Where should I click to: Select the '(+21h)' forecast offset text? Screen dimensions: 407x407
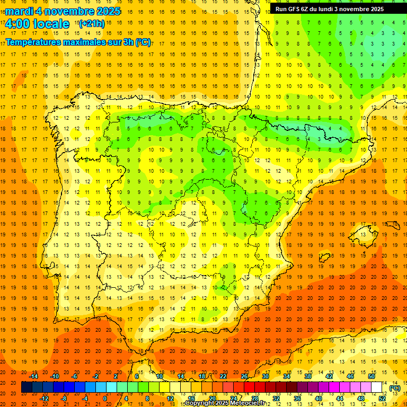click(92, 24)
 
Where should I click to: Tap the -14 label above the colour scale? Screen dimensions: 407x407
click(34, 376)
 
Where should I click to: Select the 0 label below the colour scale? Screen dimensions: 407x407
click(105, 399)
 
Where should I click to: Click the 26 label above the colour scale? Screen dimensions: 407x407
click(244, 376)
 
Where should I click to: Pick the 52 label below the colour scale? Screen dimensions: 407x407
click(382, 399)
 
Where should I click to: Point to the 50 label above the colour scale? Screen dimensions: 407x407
click(371, 376)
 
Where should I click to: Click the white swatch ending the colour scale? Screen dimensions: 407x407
click(376, 387)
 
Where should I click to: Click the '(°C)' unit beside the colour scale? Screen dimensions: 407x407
click(395, 387)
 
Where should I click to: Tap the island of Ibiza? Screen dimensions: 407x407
click(324, 258)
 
